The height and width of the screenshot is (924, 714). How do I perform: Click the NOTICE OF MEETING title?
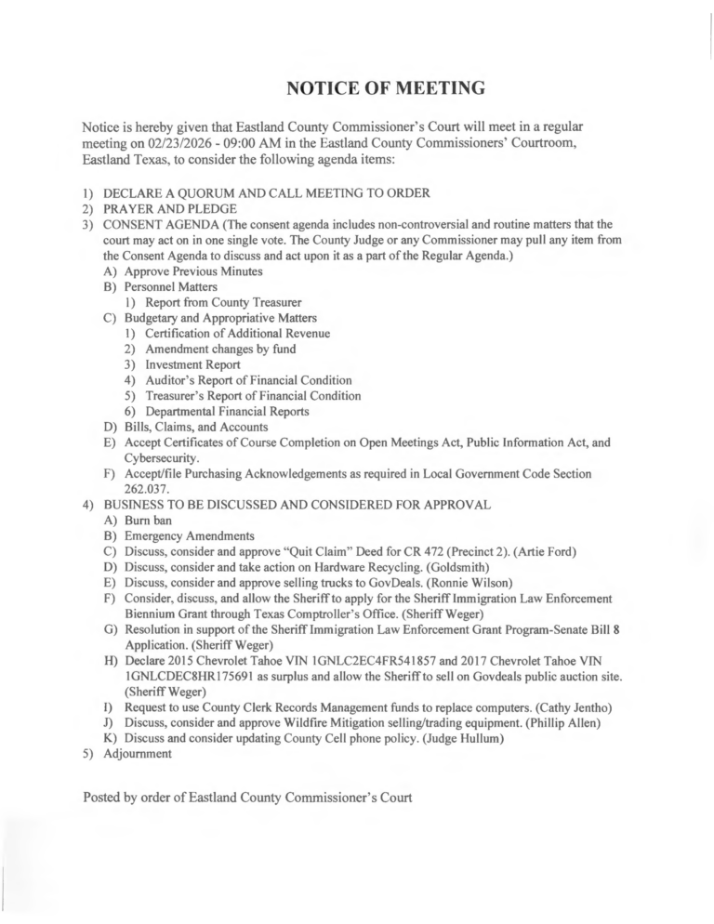point(386,89)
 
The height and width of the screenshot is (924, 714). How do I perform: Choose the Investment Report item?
point(192,364)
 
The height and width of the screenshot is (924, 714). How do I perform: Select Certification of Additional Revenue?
point(237,334)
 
